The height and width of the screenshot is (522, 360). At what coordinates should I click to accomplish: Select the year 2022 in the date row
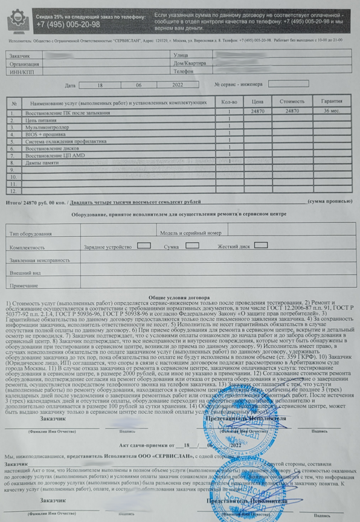coord(176,86)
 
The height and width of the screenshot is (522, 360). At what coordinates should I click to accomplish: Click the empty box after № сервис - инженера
coord(288,84)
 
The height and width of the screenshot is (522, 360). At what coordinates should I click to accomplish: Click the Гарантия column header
coord(332,102)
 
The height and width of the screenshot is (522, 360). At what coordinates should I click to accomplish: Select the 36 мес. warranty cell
coord(332,112)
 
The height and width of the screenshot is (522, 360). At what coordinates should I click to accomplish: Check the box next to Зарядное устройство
coord(144,246)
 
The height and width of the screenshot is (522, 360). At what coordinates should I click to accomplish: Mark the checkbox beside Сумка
coord(192,246)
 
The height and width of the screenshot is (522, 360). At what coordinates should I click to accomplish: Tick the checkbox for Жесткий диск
coord(261,245)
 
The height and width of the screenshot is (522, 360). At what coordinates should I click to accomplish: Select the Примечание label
coord(24,285)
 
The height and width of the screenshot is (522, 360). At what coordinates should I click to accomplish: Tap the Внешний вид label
coord(25,272)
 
